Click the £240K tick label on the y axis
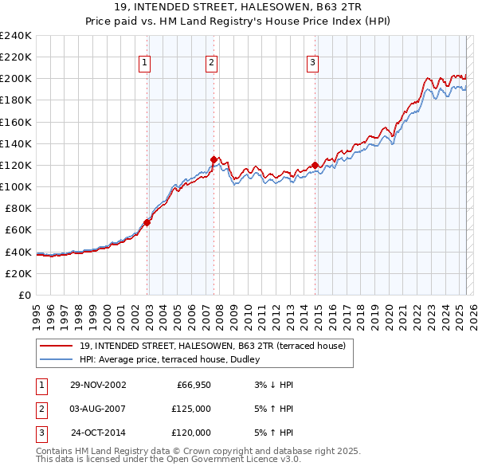(x=15, y=36)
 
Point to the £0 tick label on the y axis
(x=23, y=295)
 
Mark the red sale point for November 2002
(x=147, y=222)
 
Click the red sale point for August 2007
(x=214, y=159)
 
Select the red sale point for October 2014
(x=315, y=165)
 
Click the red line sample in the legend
(x=57, y=347)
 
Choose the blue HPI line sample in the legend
(x=57, y=359)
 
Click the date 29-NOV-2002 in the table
(x=97, y=385)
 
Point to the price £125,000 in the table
(x=191, y=409)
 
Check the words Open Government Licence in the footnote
(x=215, y=459)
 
